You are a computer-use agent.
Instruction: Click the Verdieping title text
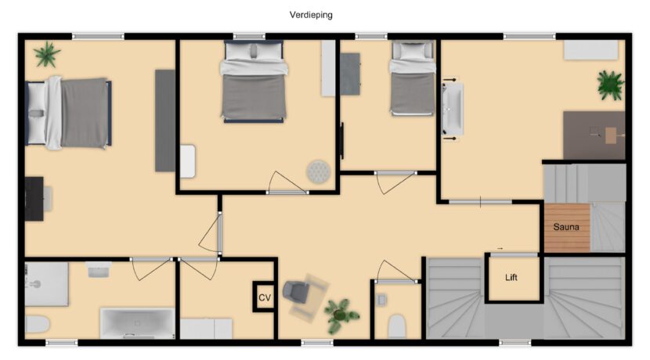[311, 16]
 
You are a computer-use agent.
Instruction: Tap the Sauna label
[566, 227]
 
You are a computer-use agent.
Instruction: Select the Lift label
[511, 278]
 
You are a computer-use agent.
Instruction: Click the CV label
[265, 297]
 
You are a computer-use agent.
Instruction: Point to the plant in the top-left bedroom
[47, 54]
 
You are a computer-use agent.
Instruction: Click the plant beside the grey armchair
[341, 315]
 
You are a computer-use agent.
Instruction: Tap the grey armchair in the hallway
[296, 291]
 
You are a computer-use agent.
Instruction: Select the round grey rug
[319, 171]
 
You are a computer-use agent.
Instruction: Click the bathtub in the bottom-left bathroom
[137, 323]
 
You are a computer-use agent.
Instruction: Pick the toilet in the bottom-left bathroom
[38, 324]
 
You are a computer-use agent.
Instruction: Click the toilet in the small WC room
[396, 326]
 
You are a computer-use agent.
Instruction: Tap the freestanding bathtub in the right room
[452, 109]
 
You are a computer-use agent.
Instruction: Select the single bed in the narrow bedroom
[413, 78]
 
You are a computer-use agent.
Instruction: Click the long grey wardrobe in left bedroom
[165, 121]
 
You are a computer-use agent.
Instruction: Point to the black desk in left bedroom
[34, 199]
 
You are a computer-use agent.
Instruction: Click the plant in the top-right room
[610, 85]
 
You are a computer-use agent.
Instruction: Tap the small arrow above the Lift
[500, 249]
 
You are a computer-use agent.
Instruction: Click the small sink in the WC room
[381, 300]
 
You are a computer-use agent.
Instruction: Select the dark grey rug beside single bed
[350, 74]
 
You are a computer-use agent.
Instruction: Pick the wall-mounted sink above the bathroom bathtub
[98, 269]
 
